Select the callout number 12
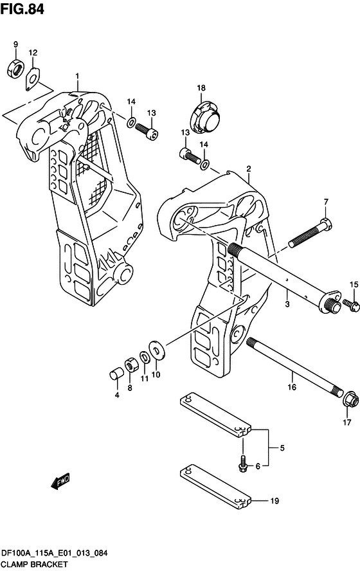33,53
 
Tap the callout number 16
291,387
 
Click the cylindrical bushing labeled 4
116,375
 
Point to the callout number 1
77,77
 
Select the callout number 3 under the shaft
287,300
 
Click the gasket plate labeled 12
33,78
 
